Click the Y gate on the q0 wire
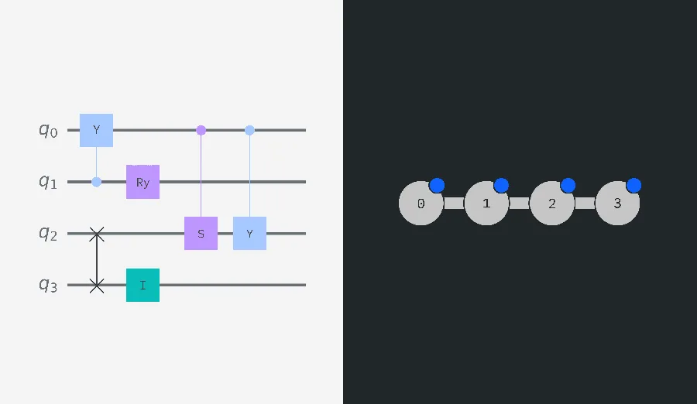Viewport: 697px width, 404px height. (97, 130)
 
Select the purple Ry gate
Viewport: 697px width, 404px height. (142, 182)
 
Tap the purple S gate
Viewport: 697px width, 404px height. (201, 233)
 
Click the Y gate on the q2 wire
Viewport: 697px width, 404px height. (250, 233)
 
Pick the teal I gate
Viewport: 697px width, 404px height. (142, 285)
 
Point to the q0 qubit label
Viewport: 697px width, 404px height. (48, 130)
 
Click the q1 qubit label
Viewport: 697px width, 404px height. (48, 182)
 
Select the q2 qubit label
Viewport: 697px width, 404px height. (48, 233)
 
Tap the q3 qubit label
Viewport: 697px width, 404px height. (48, 285)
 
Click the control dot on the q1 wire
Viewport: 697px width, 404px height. (97, 182)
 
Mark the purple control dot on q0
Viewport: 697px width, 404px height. (201, 130)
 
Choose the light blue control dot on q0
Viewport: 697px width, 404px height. (250, 130)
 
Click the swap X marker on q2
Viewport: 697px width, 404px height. (97, 233)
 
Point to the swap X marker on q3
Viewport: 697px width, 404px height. (97, 285)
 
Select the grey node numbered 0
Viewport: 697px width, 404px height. (421, 203)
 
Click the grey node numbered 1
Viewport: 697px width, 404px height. (486, 203)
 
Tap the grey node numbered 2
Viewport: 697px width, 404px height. (552, 203)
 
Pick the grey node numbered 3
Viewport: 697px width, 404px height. (617, 203)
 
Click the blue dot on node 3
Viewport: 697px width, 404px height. (633, 185)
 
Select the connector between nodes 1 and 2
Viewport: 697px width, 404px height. (519, 203)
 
